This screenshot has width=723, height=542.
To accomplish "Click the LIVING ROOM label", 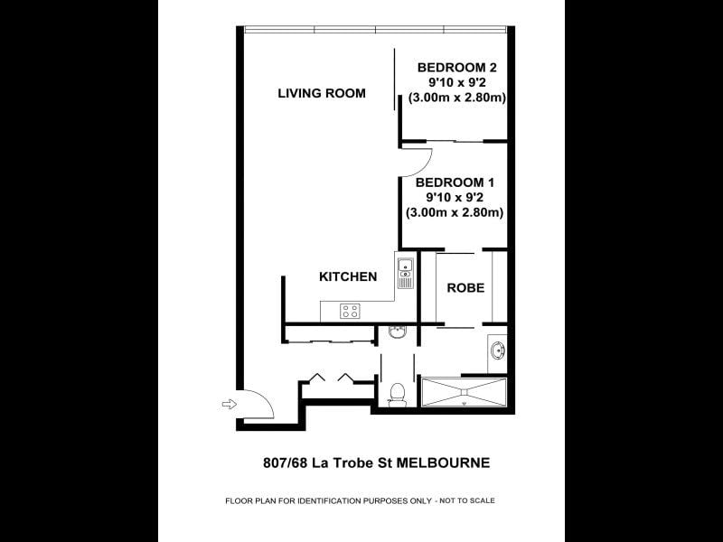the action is coord(322,93).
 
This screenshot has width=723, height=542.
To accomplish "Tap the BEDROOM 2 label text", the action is coord(457,68).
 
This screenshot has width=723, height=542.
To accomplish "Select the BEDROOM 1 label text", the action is coord(455,182).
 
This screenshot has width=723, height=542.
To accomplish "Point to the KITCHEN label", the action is coord(348,276).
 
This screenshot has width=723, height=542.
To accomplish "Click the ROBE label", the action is coord(465,288).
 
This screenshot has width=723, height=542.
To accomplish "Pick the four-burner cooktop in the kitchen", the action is coord(350,311).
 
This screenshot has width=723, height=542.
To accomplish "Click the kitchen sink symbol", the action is coord(405,273).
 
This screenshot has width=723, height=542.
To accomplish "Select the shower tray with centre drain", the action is coord(465,392).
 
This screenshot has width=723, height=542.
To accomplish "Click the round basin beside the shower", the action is coord(498,350).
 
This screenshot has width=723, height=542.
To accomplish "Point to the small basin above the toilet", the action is coord(397,332).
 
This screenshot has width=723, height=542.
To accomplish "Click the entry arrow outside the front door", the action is coord(230,404).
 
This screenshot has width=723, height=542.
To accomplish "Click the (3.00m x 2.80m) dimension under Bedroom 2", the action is coord(457,98).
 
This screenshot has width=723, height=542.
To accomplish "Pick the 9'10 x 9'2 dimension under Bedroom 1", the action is coord(455,198).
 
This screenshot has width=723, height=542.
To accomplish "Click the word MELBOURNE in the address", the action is coord(444,463).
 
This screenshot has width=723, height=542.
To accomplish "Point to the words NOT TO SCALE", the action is coord(467,500).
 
